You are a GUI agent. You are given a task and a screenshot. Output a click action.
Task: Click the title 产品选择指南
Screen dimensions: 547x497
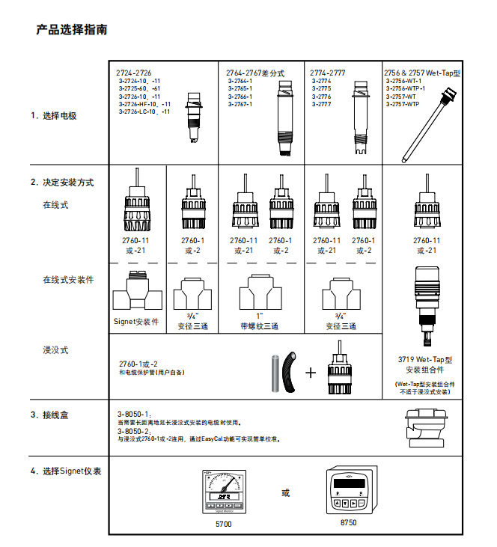[x=72, y=30]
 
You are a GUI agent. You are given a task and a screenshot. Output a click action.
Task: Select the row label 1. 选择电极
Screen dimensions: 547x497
[x=54, y=116]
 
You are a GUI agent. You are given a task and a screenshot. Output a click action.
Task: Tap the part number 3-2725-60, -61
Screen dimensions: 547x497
[x=138, y=88]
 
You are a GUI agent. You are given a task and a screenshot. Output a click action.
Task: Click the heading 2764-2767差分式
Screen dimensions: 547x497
[x=255, y=73]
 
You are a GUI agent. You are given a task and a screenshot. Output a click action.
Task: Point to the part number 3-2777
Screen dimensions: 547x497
[x=322, y=104]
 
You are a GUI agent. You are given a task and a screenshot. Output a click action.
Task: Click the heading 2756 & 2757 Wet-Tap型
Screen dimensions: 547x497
[x=421, y=73]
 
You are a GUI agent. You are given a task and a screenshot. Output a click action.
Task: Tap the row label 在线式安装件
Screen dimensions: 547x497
[x=68, y=280]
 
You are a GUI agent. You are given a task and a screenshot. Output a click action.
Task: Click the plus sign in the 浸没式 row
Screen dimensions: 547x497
[x=311, y=372]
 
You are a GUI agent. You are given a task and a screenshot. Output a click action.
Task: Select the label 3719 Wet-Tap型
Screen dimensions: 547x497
[x=425, y=359]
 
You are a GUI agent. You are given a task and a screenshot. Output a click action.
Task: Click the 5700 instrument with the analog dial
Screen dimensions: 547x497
[x=222, y=492]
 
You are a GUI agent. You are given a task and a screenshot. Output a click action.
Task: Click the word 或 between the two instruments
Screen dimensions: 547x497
[x=285, y=493]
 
